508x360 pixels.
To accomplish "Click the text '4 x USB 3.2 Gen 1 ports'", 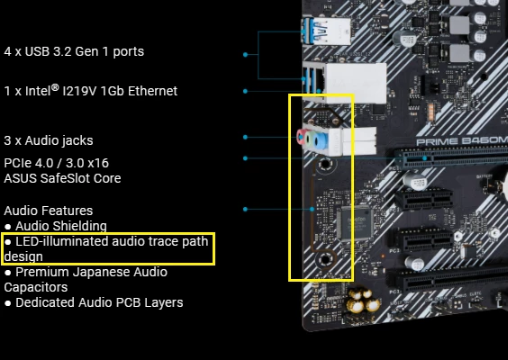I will (x=74, y=52).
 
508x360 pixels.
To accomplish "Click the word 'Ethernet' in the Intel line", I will (x=152, y=91).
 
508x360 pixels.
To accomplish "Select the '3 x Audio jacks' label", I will (x=49, y=140).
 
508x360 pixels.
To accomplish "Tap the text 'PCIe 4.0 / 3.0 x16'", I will (x=56, y=163).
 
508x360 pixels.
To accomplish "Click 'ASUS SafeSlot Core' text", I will (x=62, y=178).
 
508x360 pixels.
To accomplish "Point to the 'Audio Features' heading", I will (x=49, y=211).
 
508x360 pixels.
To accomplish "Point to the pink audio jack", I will (x=304, y=139).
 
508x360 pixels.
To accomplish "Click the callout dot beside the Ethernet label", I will (x=245, y=91).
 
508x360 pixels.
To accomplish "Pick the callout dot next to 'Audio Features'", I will (x=245, y=209).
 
